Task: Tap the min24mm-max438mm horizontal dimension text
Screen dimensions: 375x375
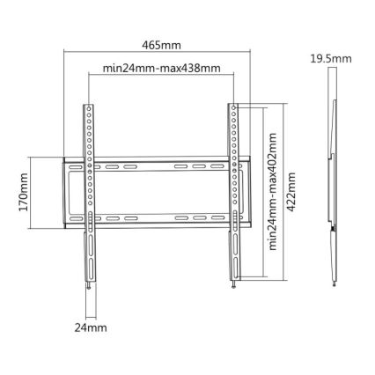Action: [161, 66]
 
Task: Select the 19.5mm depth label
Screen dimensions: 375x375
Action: [331, 59]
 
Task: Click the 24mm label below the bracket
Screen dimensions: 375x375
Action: [91, 328]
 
